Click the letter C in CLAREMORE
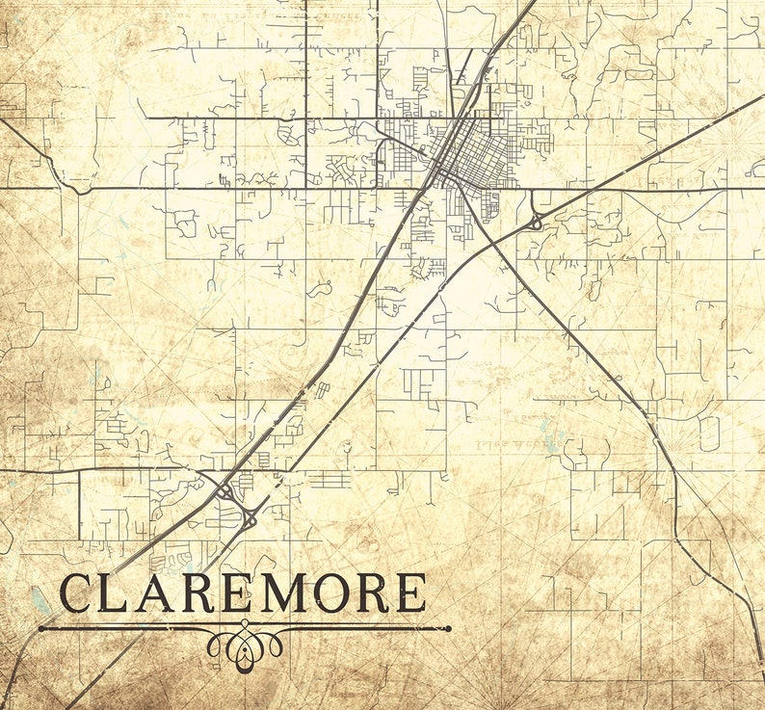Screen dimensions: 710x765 pyautogui.click(x=79, y=593)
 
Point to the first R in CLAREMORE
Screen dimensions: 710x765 pyautogui.click(x=204, y=593)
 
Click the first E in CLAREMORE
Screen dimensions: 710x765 pyautogui.click(x=242, y=593)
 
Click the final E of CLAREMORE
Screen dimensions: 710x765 pyautogui.click(x=411, y=593)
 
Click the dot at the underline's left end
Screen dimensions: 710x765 pyautogui.click(x=41, y=628)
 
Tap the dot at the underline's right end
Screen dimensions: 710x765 pyautogui.click(x=448, y=628)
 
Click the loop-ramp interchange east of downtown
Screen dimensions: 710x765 pyautogui.click(x=535, y=222)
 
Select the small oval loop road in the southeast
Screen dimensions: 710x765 pyautogui.click(x=710, y=434)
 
